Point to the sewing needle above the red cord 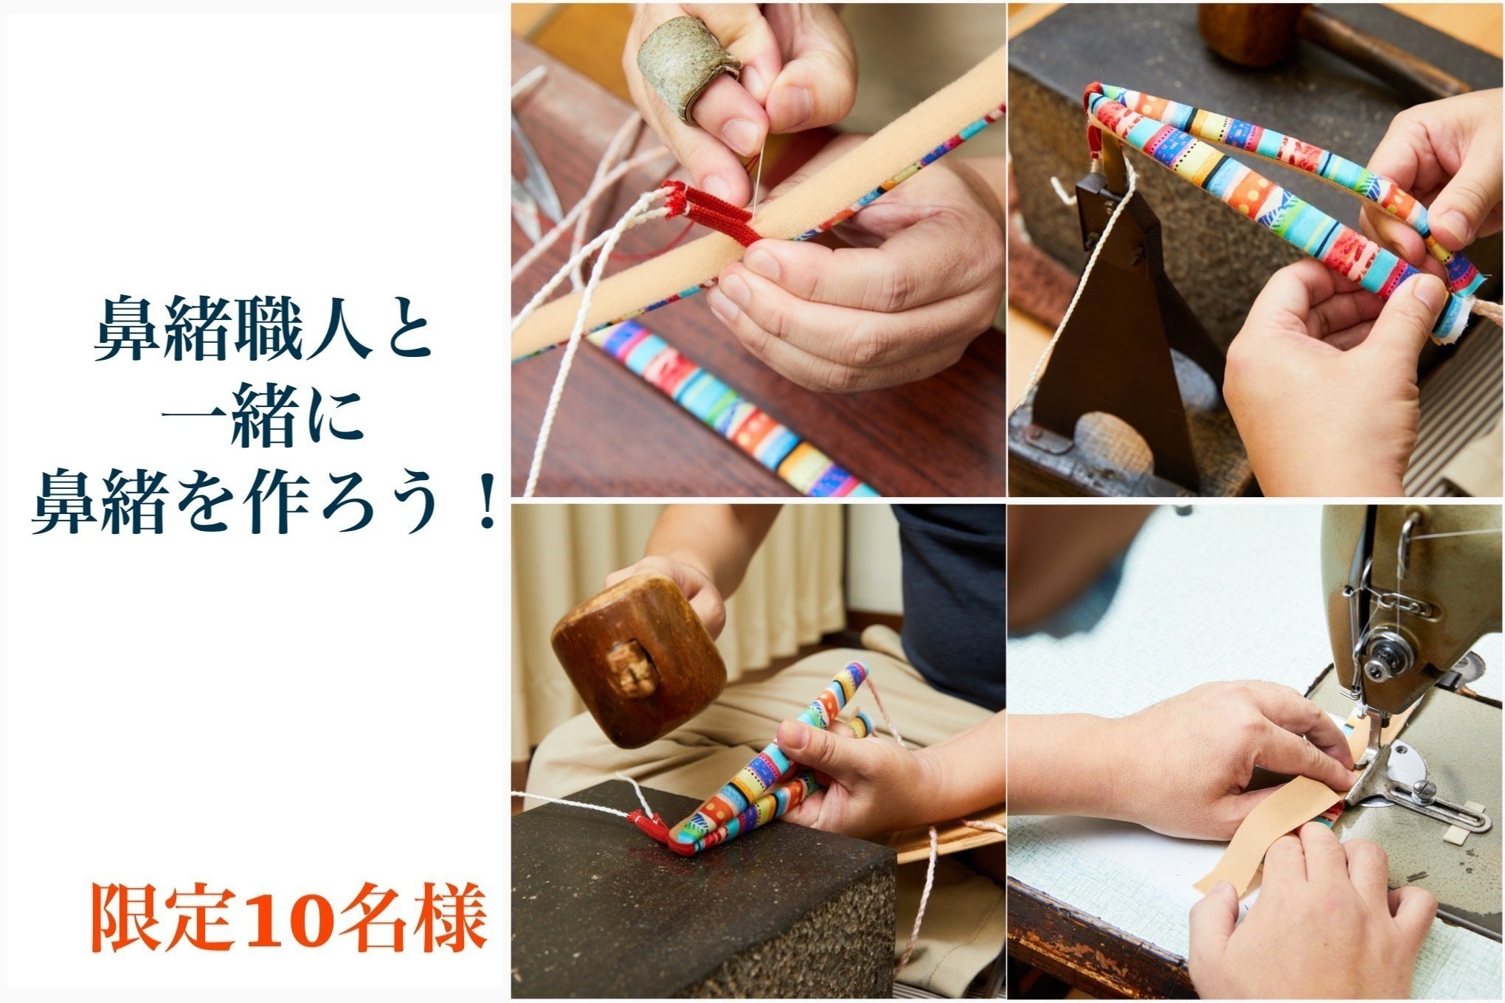click(758, 173)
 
